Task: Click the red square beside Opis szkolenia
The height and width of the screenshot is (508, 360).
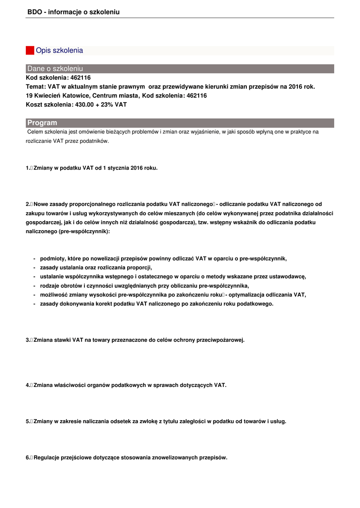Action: tap(30, 50)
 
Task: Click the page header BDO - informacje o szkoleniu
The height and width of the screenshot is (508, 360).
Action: tap(73, 12)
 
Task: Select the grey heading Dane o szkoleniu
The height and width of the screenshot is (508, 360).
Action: tap(55, 68)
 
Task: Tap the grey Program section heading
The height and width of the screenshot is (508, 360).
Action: tap(42, 123)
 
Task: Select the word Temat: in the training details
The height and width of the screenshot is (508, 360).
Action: tap(36, 86)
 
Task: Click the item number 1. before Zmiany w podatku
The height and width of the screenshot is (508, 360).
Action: tap(28, 168)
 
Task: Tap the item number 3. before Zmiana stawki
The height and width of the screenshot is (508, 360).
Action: tap(28, 340)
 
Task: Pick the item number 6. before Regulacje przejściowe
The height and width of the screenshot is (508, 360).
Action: tap(28, 457)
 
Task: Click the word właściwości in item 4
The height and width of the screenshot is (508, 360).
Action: tap(70, 384)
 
